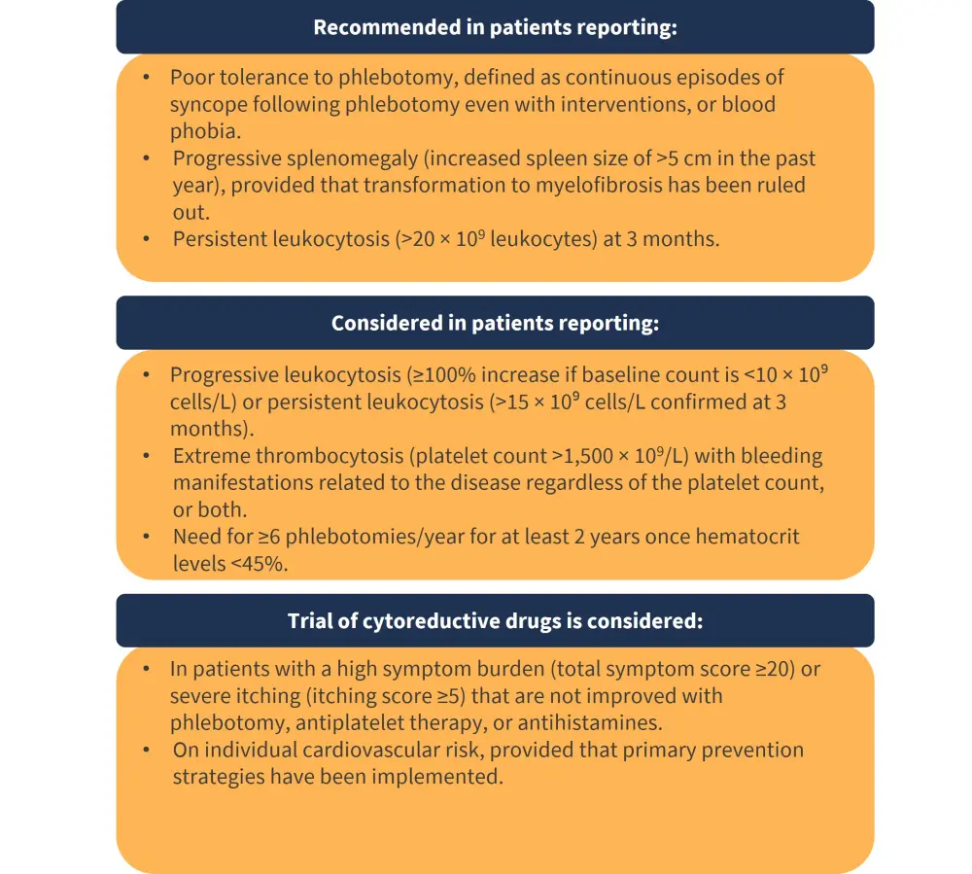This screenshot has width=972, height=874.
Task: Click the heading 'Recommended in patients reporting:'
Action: click(495, 27)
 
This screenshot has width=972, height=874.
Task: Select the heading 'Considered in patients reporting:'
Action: click(495, 323)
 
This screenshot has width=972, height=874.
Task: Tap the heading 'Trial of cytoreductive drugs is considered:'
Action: click(495, 620)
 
